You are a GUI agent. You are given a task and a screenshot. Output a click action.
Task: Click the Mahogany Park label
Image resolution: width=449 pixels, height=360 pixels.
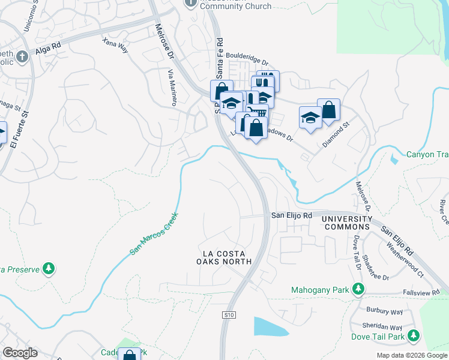point(320,290)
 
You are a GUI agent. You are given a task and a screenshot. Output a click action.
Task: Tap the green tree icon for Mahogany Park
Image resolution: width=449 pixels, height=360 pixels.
point(358,289)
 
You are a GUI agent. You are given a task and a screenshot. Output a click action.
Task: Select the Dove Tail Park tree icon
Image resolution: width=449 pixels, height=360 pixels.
point(413,336)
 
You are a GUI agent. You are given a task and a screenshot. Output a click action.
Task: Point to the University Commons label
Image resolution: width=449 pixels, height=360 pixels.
point(346,223)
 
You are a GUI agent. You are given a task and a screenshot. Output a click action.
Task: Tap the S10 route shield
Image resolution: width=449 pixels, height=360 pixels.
point(229,314)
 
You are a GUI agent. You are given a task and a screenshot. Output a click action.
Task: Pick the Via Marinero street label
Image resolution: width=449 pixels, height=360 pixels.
point(172,88)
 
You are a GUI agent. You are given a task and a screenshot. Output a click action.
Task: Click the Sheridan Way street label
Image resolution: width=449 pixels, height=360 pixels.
point(384,328)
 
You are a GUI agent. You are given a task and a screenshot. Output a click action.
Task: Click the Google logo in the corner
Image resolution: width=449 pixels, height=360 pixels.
point(19,353)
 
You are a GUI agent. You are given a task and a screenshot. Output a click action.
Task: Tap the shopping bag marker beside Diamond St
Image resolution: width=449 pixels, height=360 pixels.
point(328,110)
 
